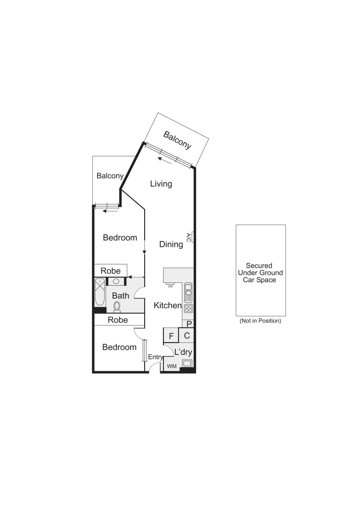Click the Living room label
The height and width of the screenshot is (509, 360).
[x=161, y=184]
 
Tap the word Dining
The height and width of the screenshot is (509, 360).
[x=171, y=244]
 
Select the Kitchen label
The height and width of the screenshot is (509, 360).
[x=168, y=305]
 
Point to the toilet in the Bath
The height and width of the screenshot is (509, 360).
[x=117, y=307]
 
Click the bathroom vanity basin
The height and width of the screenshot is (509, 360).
[x=116, y=281]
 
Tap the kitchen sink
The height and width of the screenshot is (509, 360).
[x=188, y=292]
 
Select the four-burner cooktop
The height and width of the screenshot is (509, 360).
[x=188, y=309]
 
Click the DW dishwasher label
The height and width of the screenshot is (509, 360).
[x=171, y=286]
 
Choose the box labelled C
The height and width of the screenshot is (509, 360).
[x=187, y=336]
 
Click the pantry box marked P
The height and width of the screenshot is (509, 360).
[x=189, y=324]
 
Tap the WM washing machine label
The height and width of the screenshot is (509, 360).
[x=171, y=366]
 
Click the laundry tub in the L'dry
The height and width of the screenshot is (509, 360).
[x=187, y=363]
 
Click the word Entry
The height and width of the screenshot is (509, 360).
[x=155, y=357]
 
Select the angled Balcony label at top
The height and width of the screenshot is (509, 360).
[x=177, y=140]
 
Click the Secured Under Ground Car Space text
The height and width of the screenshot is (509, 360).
[x=261, y=272]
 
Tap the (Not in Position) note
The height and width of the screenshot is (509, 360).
[x=260, y=321]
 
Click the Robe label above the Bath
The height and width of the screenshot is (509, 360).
[x=111, y=271]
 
